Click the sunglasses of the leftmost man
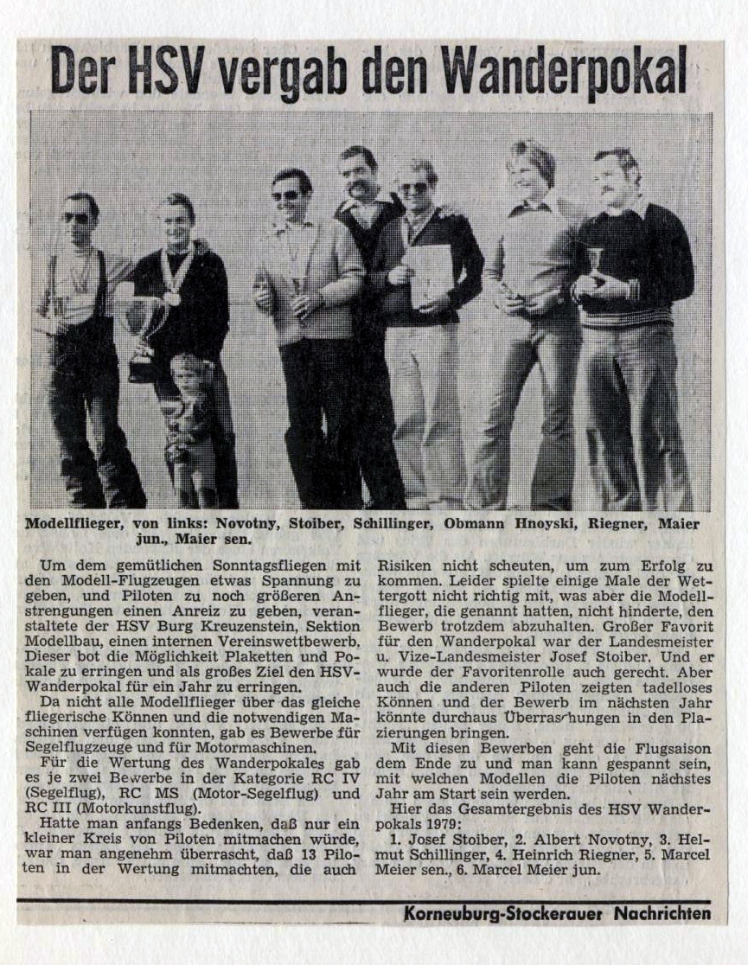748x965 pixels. point(76,218)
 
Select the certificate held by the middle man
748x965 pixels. point(427,275)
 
